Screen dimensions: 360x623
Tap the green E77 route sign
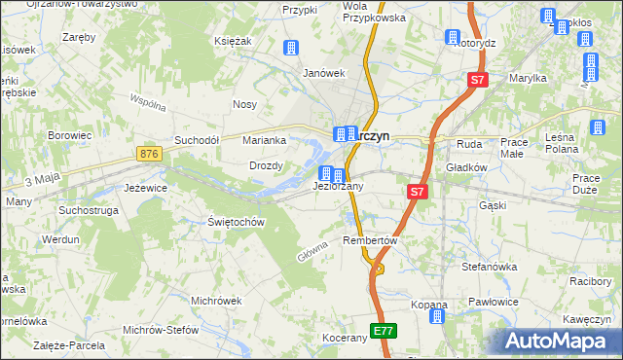pos(384,332)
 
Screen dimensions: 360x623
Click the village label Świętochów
pos(237,222)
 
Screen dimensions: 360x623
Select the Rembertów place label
pos(372,240)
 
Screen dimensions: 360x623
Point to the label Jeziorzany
pos(338,186)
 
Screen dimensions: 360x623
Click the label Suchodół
pos(197,140)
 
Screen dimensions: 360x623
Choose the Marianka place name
pos(263,140)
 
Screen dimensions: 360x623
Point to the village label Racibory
pos(591,281)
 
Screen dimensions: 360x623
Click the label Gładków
pos(466,167)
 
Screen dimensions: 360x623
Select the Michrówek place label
pos(216,301)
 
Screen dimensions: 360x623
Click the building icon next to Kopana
pos(438,316)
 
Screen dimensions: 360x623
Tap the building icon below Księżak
pos(289,48)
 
